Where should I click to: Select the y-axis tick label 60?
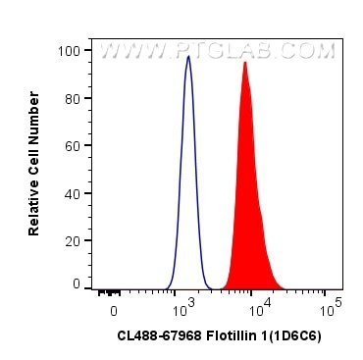coord(72,145)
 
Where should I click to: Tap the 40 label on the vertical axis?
coord(72,192)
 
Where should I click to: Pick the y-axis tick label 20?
coord(72,239)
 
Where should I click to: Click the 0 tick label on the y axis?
coord(76,283)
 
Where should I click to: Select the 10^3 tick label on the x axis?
coord(181,309)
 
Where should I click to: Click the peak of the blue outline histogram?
coord(188,56)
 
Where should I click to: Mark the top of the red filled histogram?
coord(244,63)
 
